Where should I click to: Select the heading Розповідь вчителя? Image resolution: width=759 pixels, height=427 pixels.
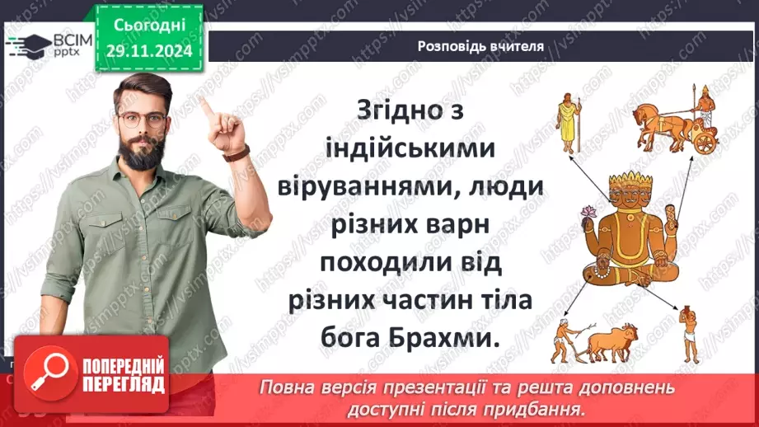point(480,46)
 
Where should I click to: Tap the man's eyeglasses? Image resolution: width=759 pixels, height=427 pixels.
point(142,119)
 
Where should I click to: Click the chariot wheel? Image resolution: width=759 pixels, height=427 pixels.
point(705,143)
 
